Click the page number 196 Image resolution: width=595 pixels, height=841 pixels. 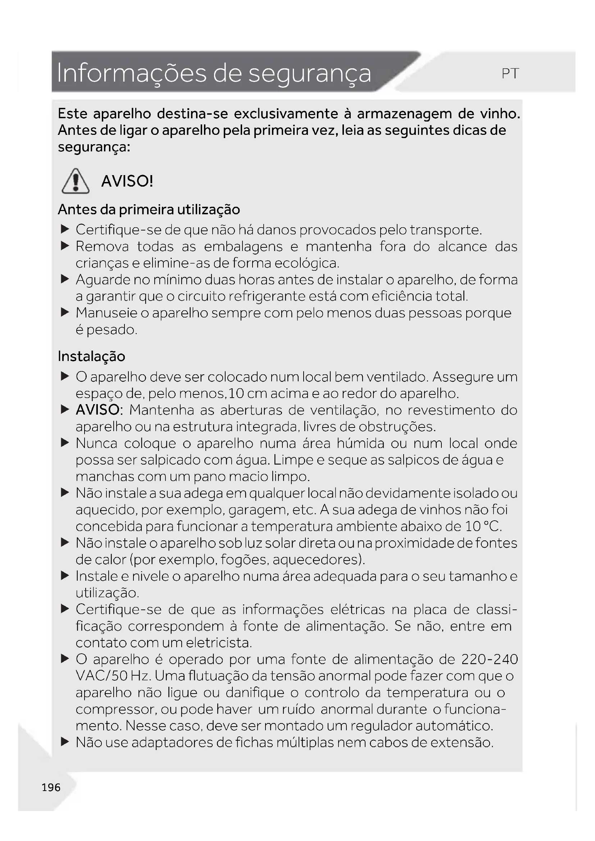click(x=51, y=787)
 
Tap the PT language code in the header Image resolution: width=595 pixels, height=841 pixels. click(x=510, y=74)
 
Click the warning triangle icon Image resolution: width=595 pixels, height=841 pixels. click(x=76, y=181)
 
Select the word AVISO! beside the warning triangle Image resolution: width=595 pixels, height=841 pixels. click(x=127, y=181)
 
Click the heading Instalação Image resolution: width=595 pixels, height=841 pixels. click(x=92, y=356)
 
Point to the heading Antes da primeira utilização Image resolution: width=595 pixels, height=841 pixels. click(x=149, y=210)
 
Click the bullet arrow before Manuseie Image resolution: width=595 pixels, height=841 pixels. click(x=65, y=312)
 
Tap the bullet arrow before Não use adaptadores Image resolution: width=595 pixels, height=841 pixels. click(x=65, y=742)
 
